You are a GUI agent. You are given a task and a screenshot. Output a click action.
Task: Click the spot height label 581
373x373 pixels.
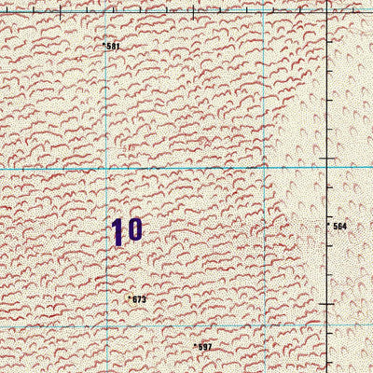coord(114,46)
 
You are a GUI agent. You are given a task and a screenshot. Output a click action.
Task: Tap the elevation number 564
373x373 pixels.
coord(339,226)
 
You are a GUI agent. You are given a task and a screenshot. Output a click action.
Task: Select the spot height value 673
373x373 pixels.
coord(139,299)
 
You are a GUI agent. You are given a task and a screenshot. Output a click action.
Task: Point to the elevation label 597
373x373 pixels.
coord(204,347)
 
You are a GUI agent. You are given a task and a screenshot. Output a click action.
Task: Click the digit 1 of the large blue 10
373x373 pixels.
coord(118,231)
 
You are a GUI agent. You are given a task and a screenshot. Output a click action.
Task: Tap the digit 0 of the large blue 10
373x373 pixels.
coord(134,229)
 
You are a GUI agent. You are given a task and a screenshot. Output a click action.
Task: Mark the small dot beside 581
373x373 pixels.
coord(104,44)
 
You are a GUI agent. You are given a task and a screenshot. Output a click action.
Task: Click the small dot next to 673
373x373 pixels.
coord(129,297)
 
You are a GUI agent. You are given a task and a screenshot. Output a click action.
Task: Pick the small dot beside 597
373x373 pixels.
coord(194,345)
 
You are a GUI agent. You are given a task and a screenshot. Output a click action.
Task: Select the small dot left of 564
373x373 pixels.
coord(329,225)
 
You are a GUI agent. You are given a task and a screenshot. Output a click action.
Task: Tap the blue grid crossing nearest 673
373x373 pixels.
coord(106,326)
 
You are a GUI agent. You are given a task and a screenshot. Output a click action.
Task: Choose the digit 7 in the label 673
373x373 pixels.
coord(139,299)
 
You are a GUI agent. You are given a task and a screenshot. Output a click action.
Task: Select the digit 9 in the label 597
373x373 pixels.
coord(204,347)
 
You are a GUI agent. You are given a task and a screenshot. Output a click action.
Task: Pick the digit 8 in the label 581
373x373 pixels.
coord(114,46)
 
